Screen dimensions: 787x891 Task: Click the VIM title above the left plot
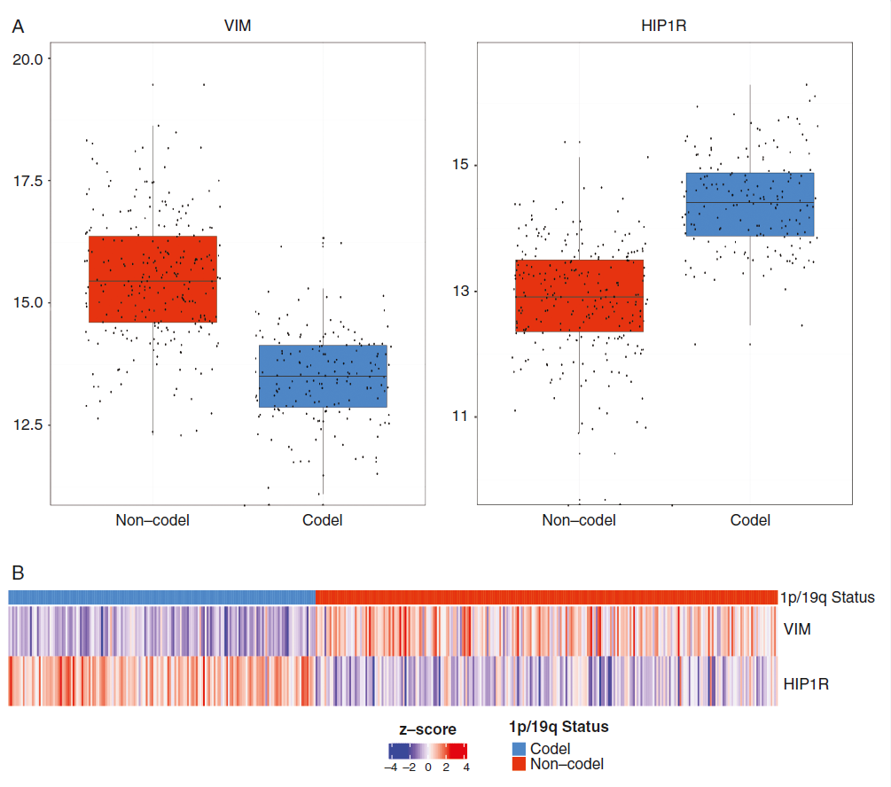(x=238, y=27)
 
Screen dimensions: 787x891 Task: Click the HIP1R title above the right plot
(x=664, y=27)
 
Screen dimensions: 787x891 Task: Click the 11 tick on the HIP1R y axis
(x=461, y=417)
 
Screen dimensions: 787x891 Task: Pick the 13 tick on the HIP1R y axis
(x=461, y=292)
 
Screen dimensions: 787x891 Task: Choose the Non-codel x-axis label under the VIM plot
(x=152, y=520)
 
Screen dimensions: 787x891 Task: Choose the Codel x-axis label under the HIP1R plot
(x=750, y=520)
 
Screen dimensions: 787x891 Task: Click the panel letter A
(x=18, y=27)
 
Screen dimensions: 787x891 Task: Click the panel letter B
(x=18, y=573)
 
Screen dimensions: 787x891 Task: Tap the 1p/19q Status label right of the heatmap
(x=828, y=597)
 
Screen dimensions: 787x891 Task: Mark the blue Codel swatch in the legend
(x=519, y=750)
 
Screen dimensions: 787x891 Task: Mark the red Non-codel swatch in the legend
(x=519, y=763)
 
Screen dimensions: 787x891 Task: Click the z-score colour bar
(x=427, y=751)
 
